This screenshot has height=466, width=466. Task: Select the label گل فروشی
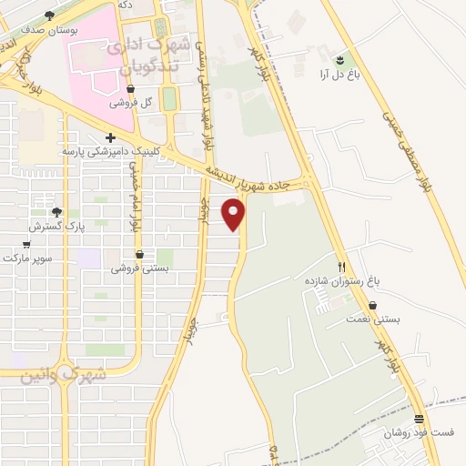pyautogui.click(x=128, y=103)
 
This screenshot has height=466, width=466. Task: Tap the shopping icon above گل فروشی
pyautogui.click(x=131, y=89)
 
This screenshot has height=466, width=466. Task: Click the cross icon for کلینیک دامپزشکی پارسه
pyautogui.click(x=110, y=138)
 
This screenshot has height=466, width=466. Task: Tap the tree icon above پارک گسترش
pyautogui.click(x=56, y=211)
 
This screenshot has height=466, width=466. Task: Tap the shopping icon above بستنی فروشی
pyautogui.click(x=139, y=255)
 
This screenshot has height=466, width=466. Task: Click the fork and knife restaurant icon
pyautogui.click(x=341, y=268)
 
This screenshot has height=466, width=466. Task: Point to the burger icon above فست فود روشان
pyautogui.click(x=419, y=420)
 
